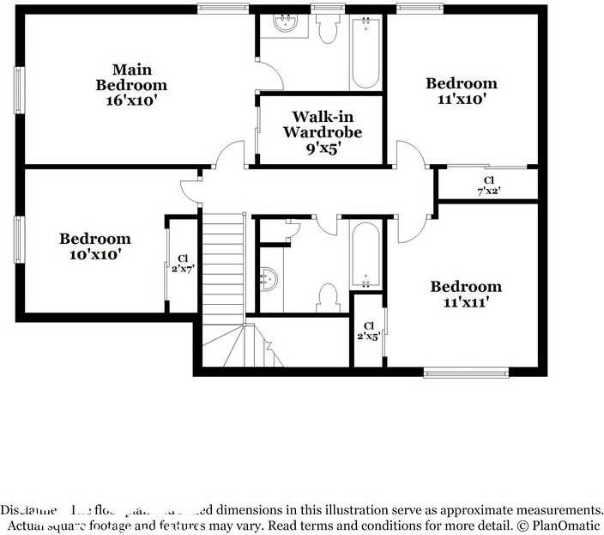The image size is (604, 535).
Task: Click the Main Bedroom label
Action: click(x=131, y=76)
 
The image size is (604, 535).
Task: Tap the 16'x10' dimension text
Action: click(x=130, y=100)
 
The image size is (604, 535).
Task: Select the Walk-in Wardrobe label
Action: click(x=323, y=124)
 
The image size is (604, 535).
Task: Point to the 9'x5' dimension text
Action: click(x=323, y=149)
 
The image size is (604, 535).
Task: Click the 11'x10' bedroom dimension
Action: click(x=462, y=99)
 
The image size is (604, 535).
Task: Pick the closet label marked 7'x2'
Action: click(x=488, y=185)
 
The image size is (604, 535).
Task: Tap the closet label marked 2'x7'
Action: click(x=183, y=263)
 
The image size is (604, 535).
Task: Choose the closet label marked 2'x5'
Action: click(x=369, y=331)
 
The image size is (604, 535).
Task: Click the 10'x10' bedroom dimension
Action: click(x=94, y=254)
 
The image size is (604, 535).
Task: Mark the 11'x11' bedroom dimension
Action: click(x=466, y=302)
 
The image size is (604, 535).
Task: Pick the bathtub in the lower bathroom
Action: click(x=365, y=254)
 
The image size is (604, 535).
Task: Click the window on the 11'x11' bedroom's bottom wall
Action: click(x=466, y=373)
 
